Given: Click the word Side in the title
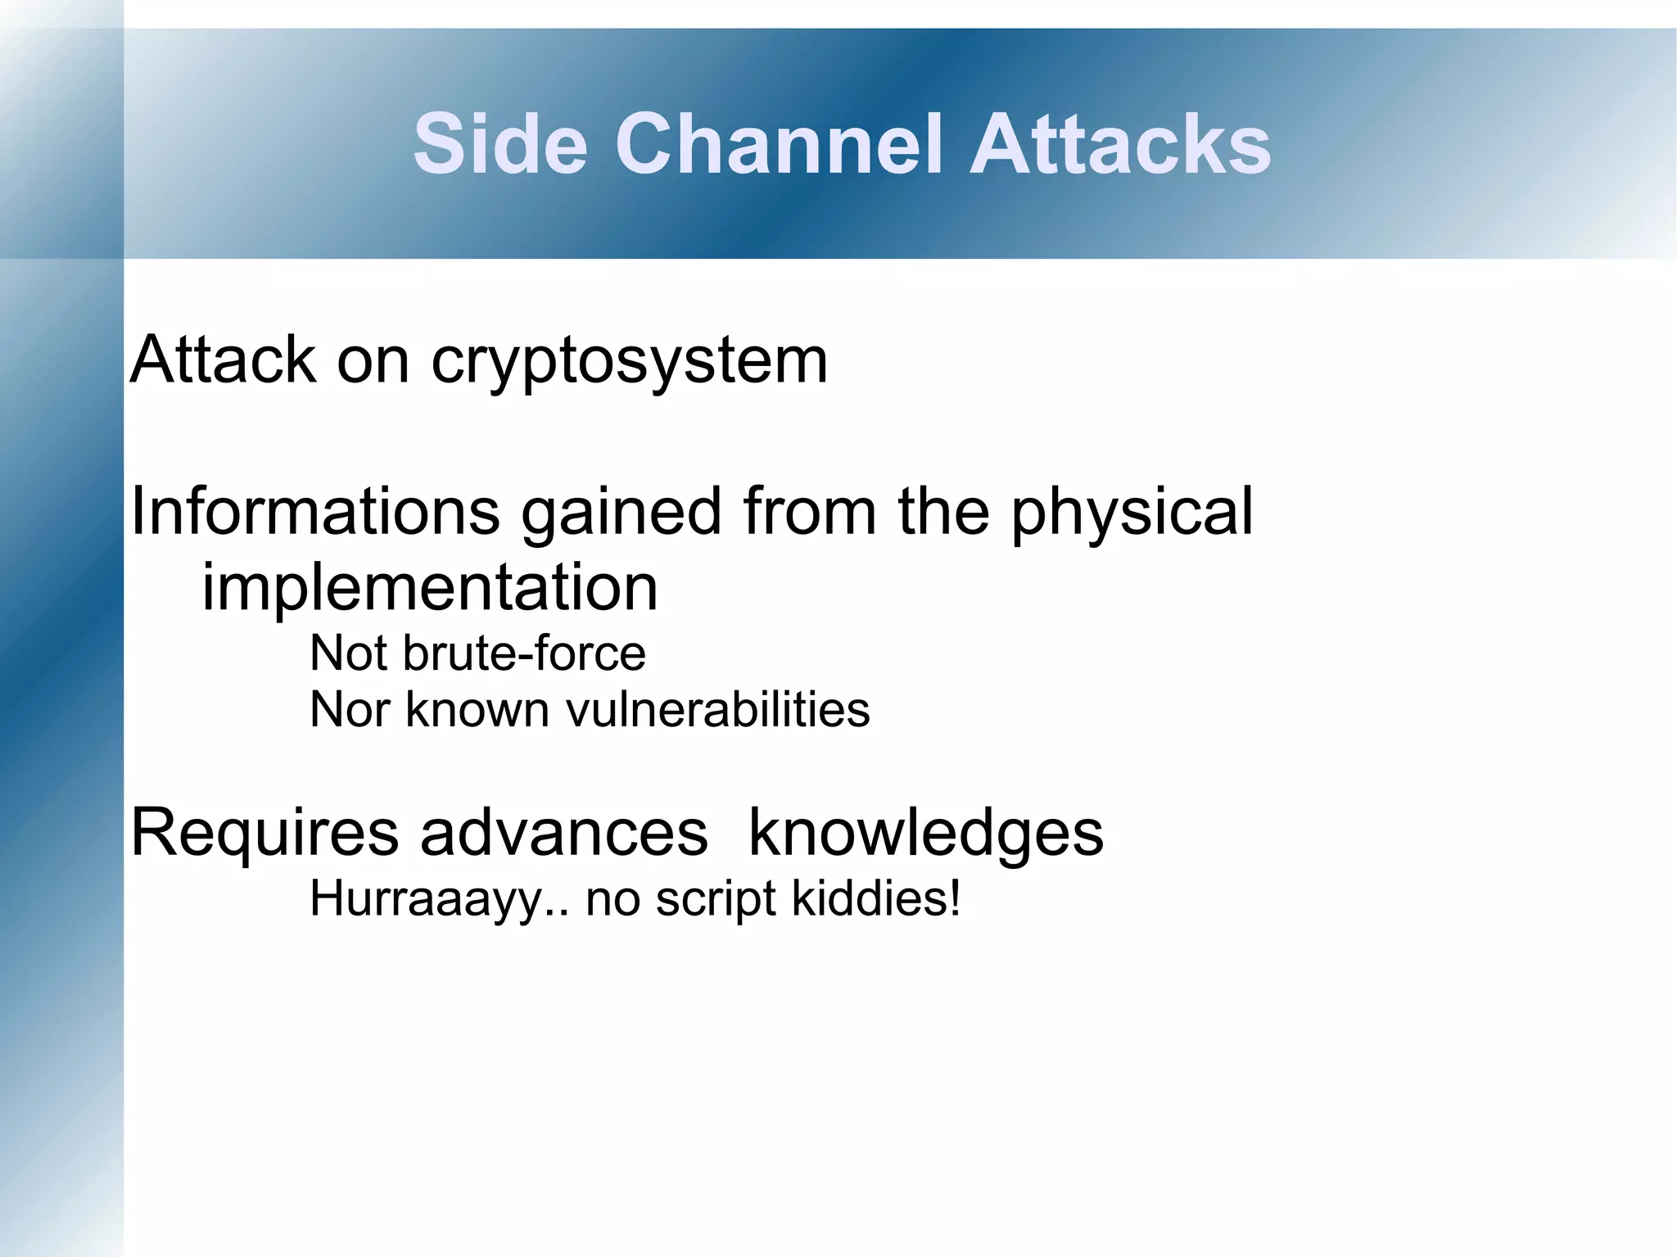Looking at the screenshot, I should [x=500, y=144].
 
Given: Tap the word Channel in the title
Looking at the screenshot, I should [x=778, y=144].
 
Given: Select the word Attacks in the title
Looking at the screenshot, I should [x=1119, y=144].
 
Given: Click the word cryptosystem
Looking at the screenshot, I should [x=629, y=361].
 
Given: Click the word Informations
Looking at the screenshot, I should [x=315, y=511].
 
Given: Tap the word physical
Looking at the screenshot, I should [x=1132, y=513].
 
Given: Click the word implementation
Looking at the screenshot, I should [x=430, y=588].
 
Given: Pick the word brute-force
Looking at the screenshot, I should [x=524, y=653].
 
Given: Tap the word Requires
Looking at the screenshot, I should [x=264, y=834].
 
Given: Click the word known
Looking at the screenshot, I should [x=477, y=709].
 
